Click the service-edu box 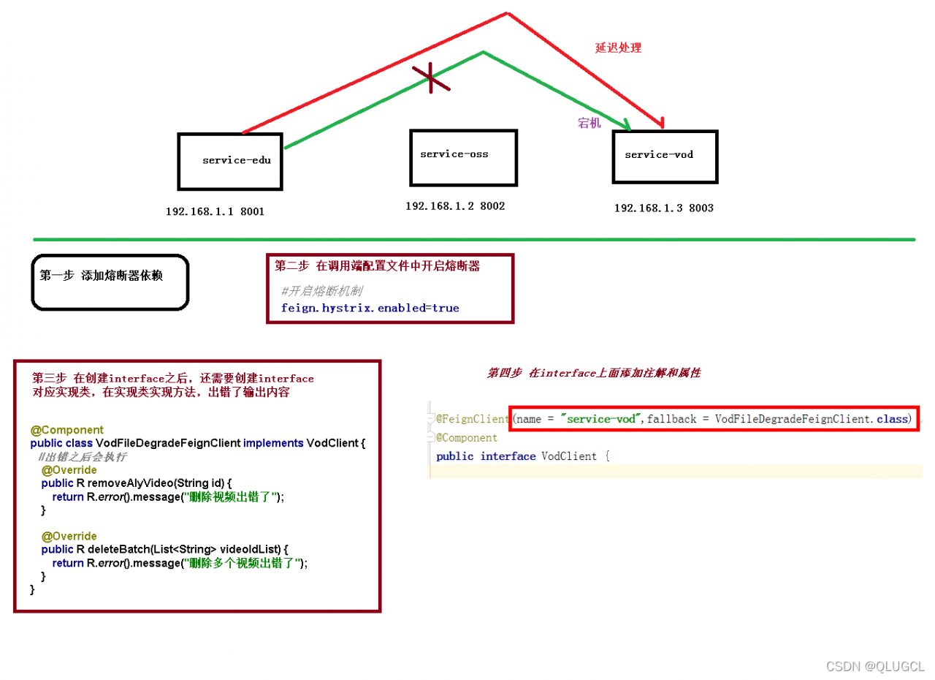pyautogui.click(x=230, y=162)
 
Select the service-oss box pyautogui.click(x=463, y=158)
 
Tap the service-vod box pyautogui.click(x=665, y=157)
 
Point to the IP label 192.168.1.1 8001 pyautogui.click(x=215, y=211)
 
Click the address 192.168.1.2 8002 pyautogui.click(x=455, y=206)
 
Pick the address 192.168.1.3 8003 pyautogui.click(x=664, y=208)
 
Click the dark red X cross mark pyautogui.click(x=431, y=78)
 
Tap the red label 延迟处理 pyautogui.click(x=618, y=48)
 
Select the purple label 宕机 pyautogui.click(x=589, y=123)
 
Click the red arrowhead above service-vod pyautogui.click(x=661, y=123)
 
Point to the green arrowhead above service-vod pyautogui.click(x=627, y=125)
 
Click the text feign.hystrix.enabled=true pyautogui.click(x=370, y=309)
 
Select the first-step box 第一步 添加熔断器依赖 pyautogui.click(x=110, y=282)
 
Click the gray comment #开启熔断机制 pyautogui.click(x=322, y=291)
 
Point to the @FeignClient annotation pyautogui.click(x=473, y=419)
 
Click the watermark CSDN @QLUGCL pyautogui.click(x=875, y=666)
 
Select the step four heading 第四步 pyautogui.click(x=504, y=373)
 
